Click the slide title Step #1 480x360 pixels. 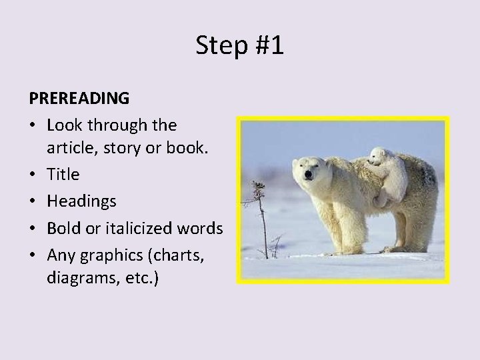240,45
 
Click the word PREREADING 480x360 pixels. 79,98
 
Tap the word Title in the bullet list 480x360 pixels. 63,175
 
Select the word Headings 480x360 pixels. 81,201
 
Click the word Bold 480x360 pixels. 63,228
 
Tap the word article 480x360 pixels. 70,148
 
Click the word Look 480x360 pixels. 63,125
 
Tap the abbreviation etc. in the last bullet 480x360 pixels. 139,277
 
